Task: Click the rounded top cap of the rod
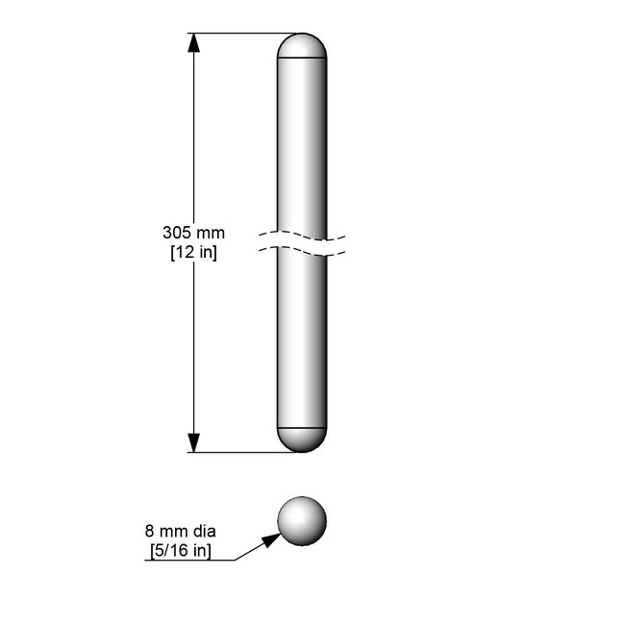[x=302, y=45]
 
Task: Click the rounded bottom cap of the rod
[x=302, y=440]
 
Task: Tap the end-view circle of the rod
[x=302, y=521]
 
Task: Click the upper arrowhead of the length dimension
[x=193, y=42]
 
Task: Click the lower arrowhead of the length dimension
[x=193, y=443]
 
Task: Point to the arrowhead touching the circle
[x=272, y=539]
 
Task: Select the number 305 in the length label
[x=175, y=233]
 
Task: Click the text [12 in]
[x=193, y=252]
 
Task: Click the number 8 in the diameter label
[x=149, y=532]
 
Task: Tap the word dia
[x=204, y=532]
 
